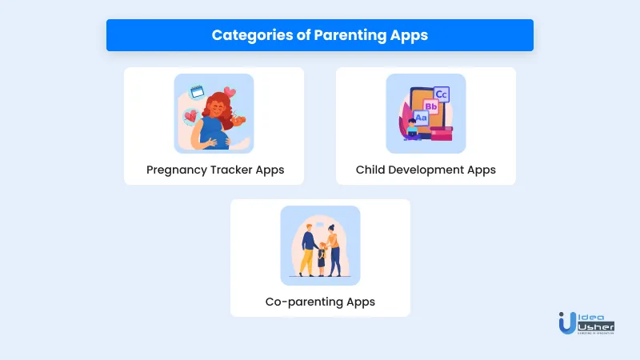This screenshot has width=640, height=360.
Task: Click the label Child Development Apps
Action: [x=426, y=170]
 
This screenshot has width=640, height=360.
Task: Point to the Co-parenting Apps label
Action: [x=320, y=302]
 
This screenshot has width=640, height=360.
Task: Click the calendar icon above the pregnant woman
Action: [x=197, y=92]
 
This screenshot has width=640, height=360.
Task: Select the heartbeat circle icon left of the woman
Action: [x=190, y=117]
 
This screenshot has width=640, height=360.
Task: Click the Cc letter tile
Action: [x=442, y=95]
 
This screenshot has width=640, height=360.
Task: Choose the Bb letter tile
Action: [x=430, y=106]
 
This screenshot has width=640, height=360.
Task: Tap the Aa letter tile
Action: [x=421, y=118]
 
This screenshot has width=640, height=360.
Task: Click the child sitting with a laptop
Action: [x=412, y=129]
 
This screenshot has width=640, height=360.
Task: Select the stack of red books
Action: [x=441, y=133]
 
